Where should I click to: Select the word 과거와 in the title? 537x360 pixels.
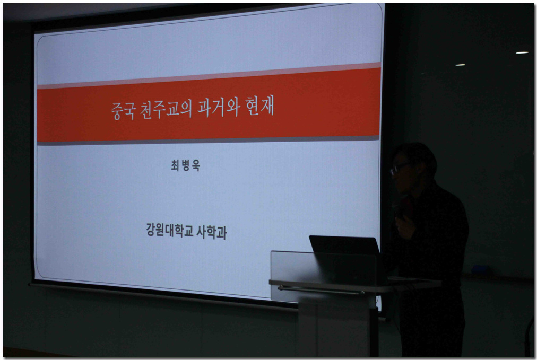(x=218, y=107)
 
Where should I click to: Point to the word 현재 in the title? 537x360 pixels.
(x=260, y=106)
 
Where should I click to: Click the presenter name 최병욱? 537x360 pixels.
(x=185, y=165)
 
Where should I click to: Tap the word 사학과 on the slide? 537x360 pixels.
(x=212, y=232)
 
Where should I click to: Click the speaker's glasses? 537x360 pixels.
(x=398, y=168)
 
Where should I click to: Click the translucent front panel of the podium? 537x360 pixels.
(x=324, y=274)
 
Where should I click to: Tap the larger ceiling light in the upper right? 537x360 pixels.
(x=522, y=52)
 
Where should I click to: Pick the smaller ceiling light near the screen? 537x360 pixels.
(x=460, y=65)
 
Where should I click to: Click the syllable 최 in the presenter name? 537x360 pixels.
(x=175, y=165)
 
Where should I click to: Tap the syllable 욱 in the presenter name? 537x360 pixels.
(x=196, y=166)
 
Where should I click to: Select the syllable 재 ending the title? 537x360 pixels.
(x=267, y=106)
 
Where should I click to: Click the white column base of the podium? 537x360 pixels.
(x=337, y=329)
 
